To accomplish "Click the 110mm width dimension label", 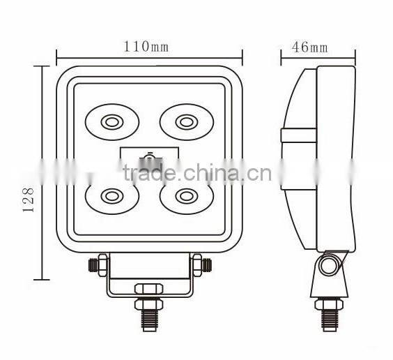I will tap(146, 47).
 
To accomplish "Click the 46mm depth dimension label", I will tap(309, 47).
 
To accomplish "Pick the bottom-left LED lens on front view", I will tap(111, 196).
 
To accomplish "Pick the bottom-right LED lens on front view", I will tap(185, 196).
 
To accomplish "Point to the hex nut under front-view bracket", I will tap(148, 288).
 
